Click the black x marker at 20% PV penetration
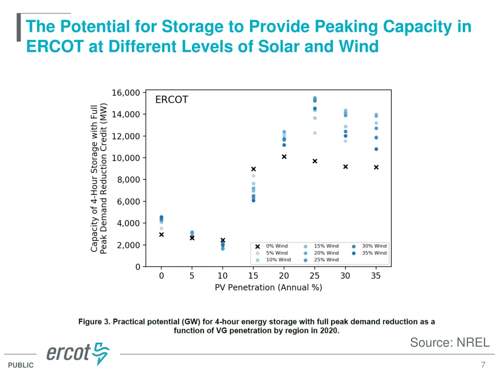(284, 157)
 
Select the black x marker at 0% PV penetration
(162, 235)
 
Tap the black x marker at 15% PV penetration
(253, 169)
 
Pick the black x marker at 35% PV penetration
(376, 167)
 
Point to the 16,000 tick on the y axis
(126, 93)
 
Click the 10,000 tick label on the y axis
(126, 158)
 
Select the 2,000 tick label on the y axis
(128, 245)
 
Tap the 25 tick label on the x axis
(314, 276)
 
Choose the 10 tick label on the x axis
(223, 276)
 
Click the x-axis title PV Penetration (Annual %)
(269, 288)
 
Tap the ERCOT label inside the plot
(171, 100)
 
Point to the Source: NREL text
(449, 343)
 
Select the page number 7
(483, 365)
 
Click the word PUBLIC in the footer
(21, 365)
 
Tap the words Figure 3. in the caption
(95, 322)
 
